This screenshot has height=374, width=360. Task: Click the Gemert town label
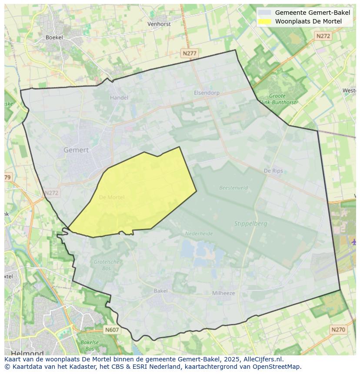coord(76,150)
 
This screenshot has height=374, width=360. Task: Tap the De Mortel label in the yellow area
coord(112,197)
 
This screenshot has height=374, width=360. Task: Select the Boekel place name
coord(54,37)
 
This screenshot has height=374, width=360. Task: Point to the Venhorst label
coord(159,24)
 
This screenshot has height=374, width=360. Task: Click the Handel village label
coord(119,98)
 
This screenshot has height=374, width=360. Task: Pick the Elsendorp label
coord(207,93)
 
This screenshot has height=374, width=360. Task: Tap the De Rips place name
coord(273,171)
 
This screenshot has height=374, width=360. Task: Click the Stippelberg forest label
coord(251,224)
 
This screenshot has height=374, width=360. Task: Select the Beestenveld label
coord(233,188)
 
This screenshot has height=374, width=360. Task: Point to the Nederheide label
coord(199,234)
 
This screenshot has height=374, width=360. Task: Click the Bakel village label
coord(160,291)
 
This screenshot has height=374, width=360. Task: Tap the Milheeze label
coord(223,293)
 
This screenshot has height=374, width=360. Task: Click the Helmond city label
coord(27,353)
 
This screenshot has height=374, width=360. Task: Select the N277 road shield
coord(190,53)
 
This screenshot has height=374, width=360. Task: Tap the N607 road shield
coord(112,330)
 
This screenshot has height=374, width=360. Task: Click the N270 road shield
coord(338,330)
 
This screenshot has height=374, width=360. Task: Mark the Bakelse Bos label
coord(90,345)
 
